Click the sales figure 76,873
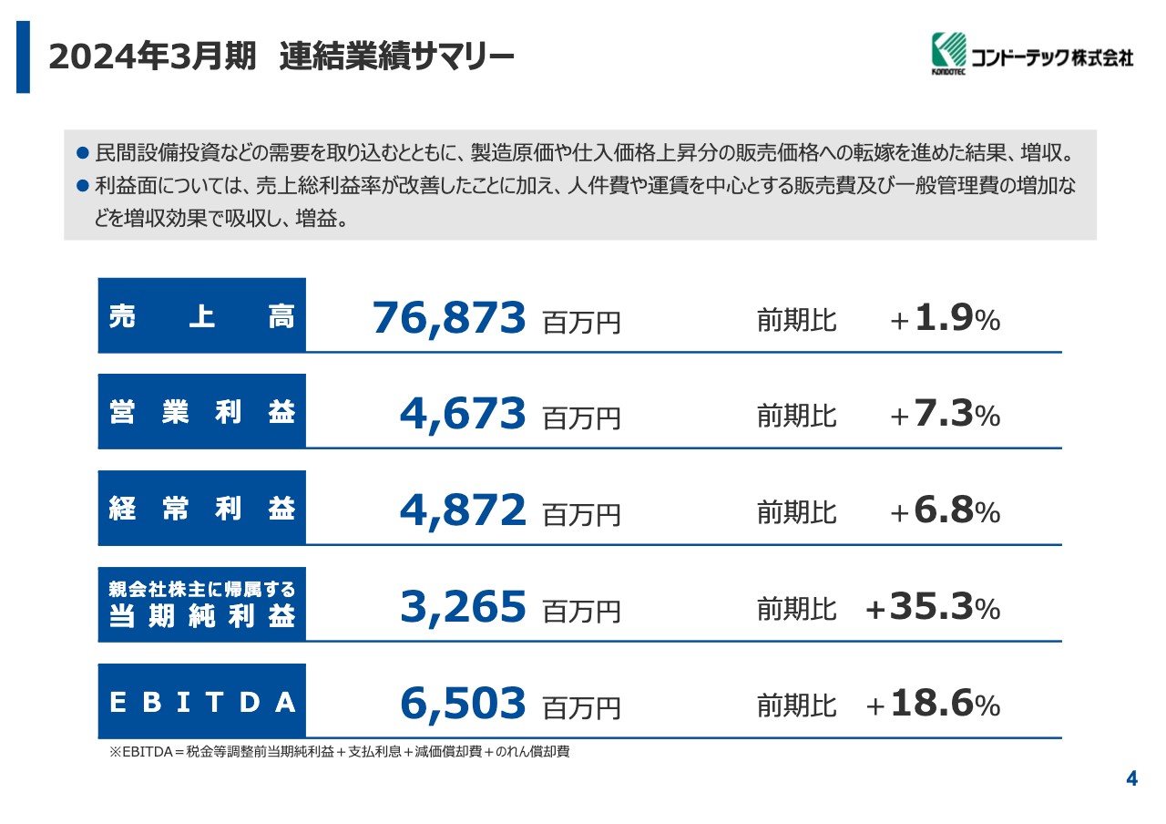tap(449, 318)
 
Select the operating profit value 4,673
tap(463, 415)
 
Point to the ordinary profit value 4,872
tap(463, 511)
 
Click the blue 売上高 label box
tap(202, 315)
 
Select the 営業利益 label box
tap(202, 412)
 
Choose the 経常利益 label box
tap(202, 509)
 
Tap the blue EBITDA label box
tap(202, 702)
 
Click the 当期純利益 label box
tap(202, 605)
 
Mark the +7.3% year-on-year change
tap(945, 416)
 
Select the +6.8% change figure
tap(945, 512)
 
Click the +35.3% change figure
tap(933, 609)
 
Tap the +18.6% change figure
tap(933, 706)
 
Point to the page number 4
tap(1131, 778)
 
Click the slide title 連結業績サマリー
tap(397, 57)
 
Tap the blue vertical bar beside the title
tap(23, 57)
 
